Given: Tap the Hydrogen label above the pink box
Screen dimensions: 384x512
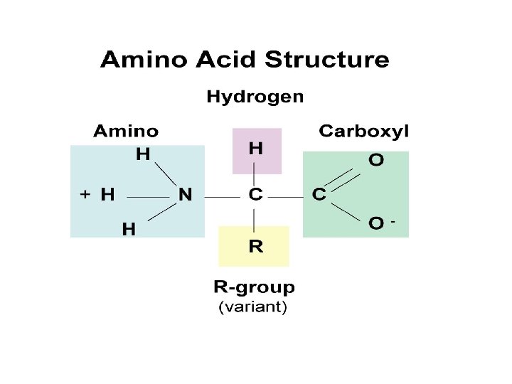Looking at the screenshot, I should click(255, 96).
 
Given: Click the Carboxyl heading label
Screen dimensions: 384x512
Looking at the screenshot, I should click(363, 131).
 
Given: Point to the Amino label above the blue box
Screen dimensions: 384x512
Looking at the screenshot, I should click(126, 131).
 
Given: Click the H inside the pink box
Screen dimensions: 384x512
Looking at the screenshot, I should click(255, 149).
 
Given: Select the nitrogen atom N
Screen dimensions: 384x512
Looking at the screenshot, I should click(185, 194).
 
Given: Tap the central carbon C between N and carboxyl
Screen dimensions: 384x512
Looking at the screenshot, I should click(255, 194).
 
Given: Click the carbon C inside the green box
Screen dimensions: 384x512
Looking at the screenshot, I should click(319, 194).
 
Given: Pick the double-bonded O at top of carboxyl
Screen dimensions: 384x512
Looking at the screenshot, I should click(375, 160).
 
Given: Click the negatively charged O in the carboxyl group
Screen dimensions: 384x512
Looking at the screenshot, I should click(376, 223).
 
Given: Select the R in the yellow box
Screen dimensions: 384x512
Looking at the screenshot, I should click(255, 247).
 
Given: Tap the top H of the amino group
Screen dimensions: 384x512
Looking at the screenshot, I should click(143, 154).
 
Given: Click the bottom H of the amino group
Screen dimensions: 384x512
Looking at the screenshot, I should click(129, 229).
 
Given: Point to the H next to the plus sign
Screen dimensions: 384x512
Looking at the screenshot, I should click(107, 194).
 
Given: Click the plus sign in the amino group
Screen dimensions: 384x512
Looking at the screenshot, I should click(85, 193).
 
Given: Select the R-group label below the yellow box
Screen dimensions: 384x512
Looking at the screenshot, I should click(254, 287).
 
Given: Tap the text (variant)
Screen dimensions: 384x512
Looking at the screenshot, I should click(252, 308).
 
